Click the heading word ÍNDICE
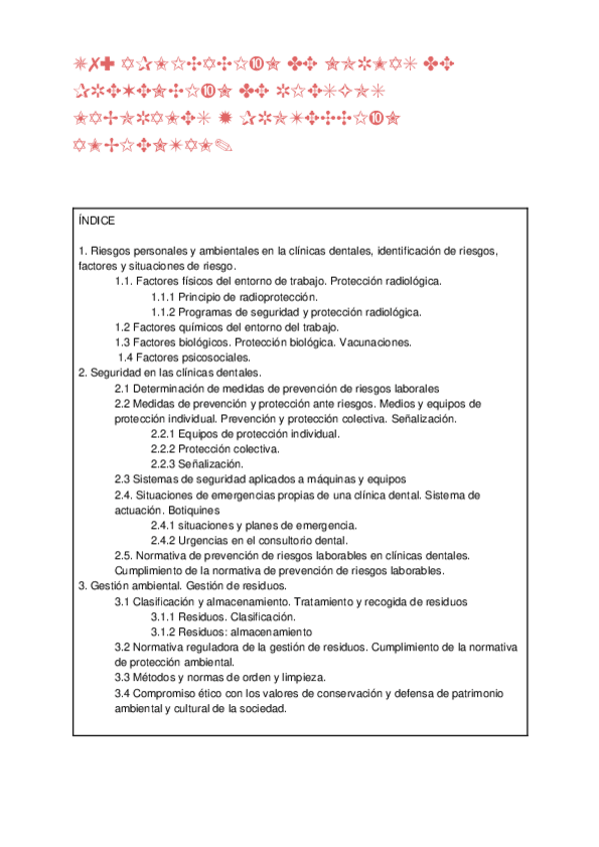96,221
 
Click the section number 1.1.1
163,297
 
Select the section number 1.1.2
163,312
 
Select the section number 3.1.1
163,617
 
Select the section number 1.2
123,327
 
